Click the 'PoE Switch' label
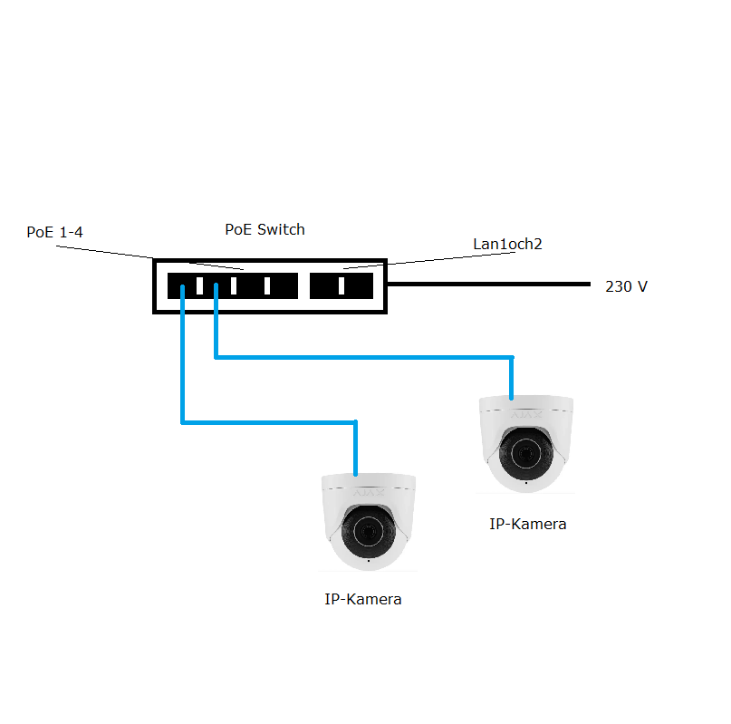point(265,229)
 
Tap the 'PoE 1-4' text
point(54,233)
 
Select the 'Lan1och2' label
point(507,244)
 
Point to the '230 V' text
point(626,286)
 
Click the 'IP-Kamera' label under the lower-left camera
point(362,599)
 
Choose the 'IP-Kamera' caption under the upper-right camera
point(527,524)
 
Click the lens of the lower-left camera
point(368,528)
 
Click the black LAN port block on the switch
point(358,285)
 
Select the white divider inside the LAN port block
point(341,285)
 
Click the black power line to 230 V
point(489,285)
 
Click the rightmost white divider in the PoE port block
point(267,285)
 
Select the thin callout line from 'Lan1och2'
point(435,260)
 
